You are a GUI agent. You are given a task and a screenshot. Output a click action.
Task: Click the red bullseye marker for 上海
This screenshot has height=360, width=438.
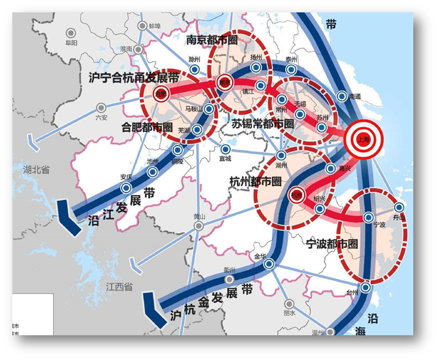364,139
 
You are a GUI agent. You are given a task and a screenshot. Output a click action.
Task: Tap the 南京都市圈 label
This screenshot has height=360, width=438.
211,40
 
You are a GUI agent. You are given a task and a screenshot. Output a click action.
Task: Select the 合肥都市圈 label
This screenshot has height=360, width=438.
147,127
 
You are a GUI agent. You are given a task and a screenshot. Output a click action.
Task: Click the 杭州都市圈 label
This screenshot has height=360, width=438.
256,180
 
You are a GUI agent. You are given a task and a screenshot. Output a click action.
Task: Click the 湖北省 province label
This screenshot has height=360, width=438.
36,169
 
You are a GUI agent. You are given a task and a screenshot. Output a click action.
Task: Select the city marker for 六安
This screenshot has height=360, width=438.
101,108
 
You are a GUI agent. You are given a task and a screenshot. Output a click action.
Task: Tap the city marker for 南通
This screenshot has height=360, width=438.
342,97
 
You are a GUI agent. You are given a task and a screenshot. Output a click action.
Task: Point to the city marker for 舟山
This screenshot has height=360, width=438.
399,207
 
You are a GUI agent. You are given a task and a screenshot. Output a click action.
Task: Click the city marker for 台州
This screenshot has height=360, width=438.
366,288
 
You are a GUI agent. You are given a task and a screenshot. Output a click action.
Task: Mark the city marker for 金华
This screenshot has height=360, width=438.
268,265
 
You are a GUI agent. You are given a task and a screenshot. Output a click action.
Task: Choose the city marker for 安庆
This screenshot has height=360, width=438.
126,187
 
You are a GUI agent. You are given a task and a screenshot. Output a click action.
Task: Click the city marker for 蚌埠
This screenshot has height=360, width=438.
142,26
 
